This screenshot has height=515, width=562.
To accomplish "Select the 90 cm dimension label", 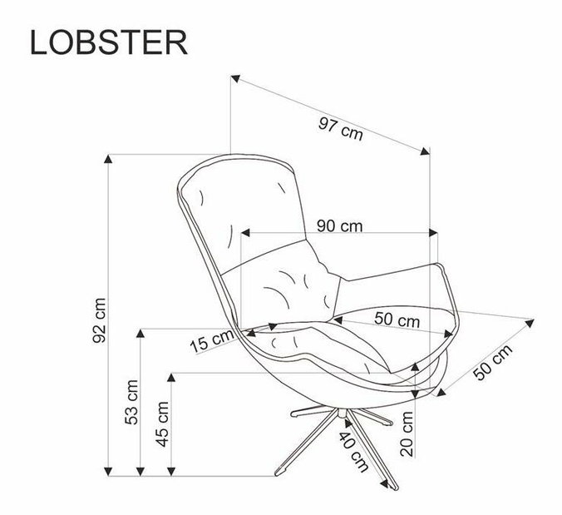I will pyautogui.click(x=339, y=225).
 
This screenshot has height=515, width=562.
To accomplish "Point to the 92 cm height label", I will pyautogui.click(x=100, y=319).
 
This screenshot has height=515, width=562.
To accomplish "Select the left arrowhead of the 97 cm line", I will pyautogui.click(x=235, y=80).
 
